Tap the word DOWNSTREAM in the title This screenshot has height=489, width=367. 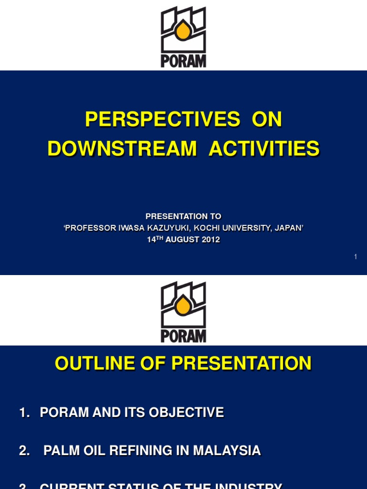click(122, 149)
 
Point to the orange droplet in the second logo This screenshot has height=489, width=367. click(183, 306)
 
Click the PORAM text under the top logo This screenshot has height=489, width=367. click(183, 62)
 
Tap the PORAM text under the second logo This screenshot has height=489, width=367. click(183, 336)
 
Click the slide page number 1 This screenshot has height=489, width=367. click(356, 257)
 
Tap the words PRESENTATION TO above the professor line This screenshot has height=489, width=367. click(183, 216)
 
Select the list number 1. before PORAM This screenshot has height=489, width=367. click(24, 413)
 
